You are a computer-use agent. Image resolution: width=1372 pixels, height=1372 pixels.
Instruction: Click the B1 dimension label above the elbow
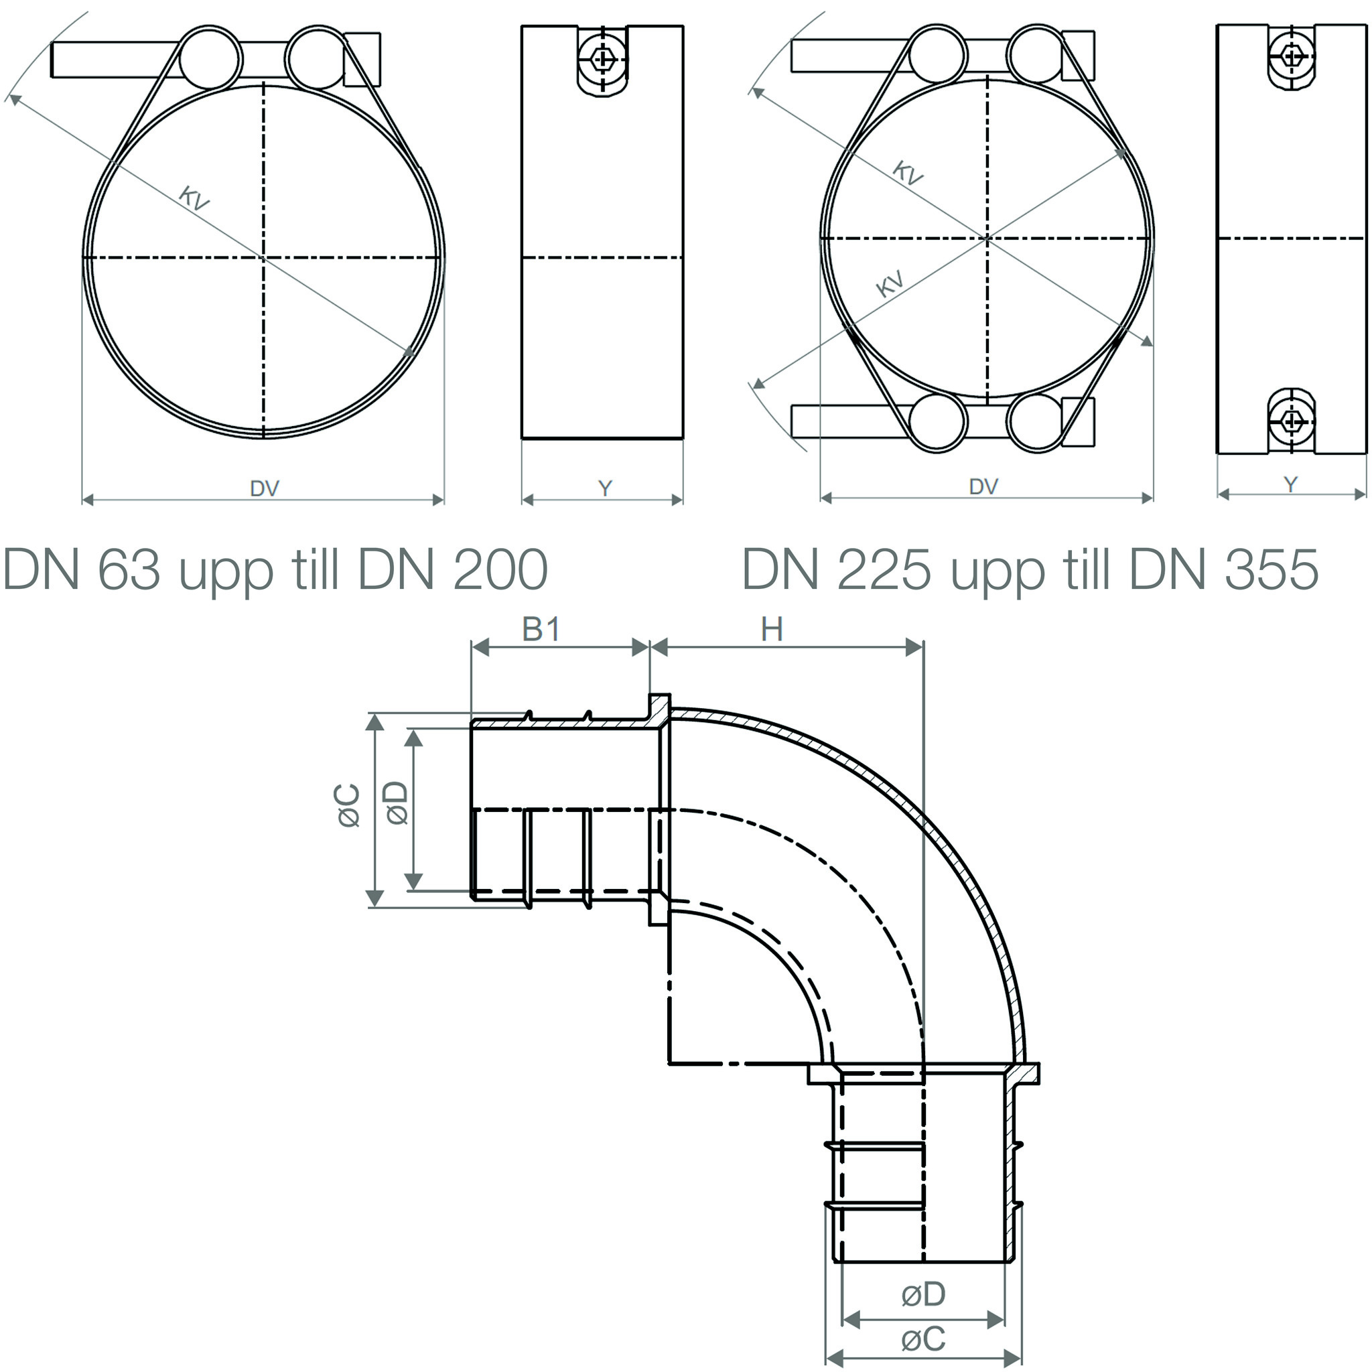[x=541, y=629]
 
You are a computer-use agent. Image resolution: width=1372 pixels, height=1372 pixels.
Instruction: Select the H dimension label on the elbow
[x=772, y=629]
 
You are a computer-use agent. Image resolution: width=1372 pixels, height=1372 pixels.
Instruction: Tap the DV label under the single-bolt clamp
[x=264, y=488]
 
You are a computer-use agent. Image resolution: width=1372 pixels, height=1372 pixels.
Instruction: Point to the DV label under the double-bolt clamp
[x=983, y=486]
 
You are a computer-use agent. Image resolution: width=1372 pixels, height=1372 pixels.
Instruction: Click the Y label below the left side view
[x=605, y=488]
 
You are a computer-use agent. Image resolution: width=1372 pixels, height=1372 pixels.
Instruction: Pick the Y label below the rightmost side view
[x=1291, y=484]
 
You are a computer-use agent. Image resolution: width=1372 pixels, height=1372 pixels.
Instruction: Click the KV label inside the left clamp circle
[x=193, y=198]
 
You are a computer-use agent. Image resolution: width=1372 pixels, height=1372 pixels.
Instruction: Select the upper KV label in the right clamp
[x=907, y=173]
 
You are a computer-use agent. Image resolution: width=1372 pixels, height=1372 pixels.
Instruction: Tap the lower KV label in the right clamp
[x=890, y=283]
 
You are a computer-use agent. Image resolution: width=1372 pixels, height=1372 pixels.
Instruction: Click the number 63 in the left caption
[x=129, y=569]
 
